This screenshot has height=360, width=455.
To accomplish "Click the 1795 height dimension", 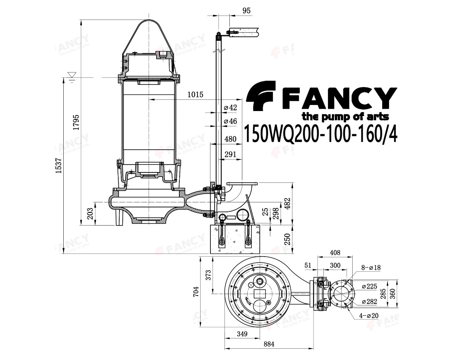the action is tap(76, 122).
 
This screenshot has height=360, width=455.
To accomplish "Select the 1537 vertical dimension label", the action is tap(58, 166).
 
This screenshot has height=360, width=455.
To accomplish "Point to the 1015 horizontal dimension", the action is tap(195, 94).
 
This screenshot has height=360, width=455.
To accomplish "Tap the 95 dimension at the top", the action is tap(246, 11).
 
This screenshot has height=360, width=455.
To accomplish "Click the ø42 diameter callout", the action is tap(230, 108).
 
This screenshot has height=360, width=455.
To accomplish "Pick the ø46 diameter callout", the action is tap(230, 121).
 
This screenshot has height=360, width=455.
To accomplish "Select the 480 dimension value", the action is tap(230, 139).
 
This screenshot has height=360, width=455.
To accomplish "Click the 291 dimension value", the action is tap(230, 154).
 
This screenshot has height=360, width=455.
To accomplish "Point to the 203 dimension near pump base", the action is tap(90, 213).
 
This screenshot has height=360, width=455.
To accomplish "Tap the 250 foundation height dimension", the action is tap(287, 239).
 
